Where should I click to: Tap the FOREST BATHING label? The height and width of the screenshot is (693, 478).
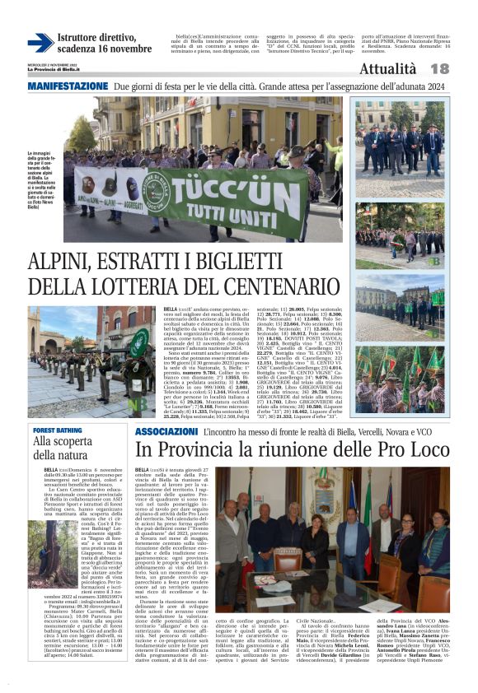(x=58, y=430)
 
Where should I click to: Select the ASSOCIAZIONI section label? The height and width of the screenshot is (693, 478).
(x=166, y=431)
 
